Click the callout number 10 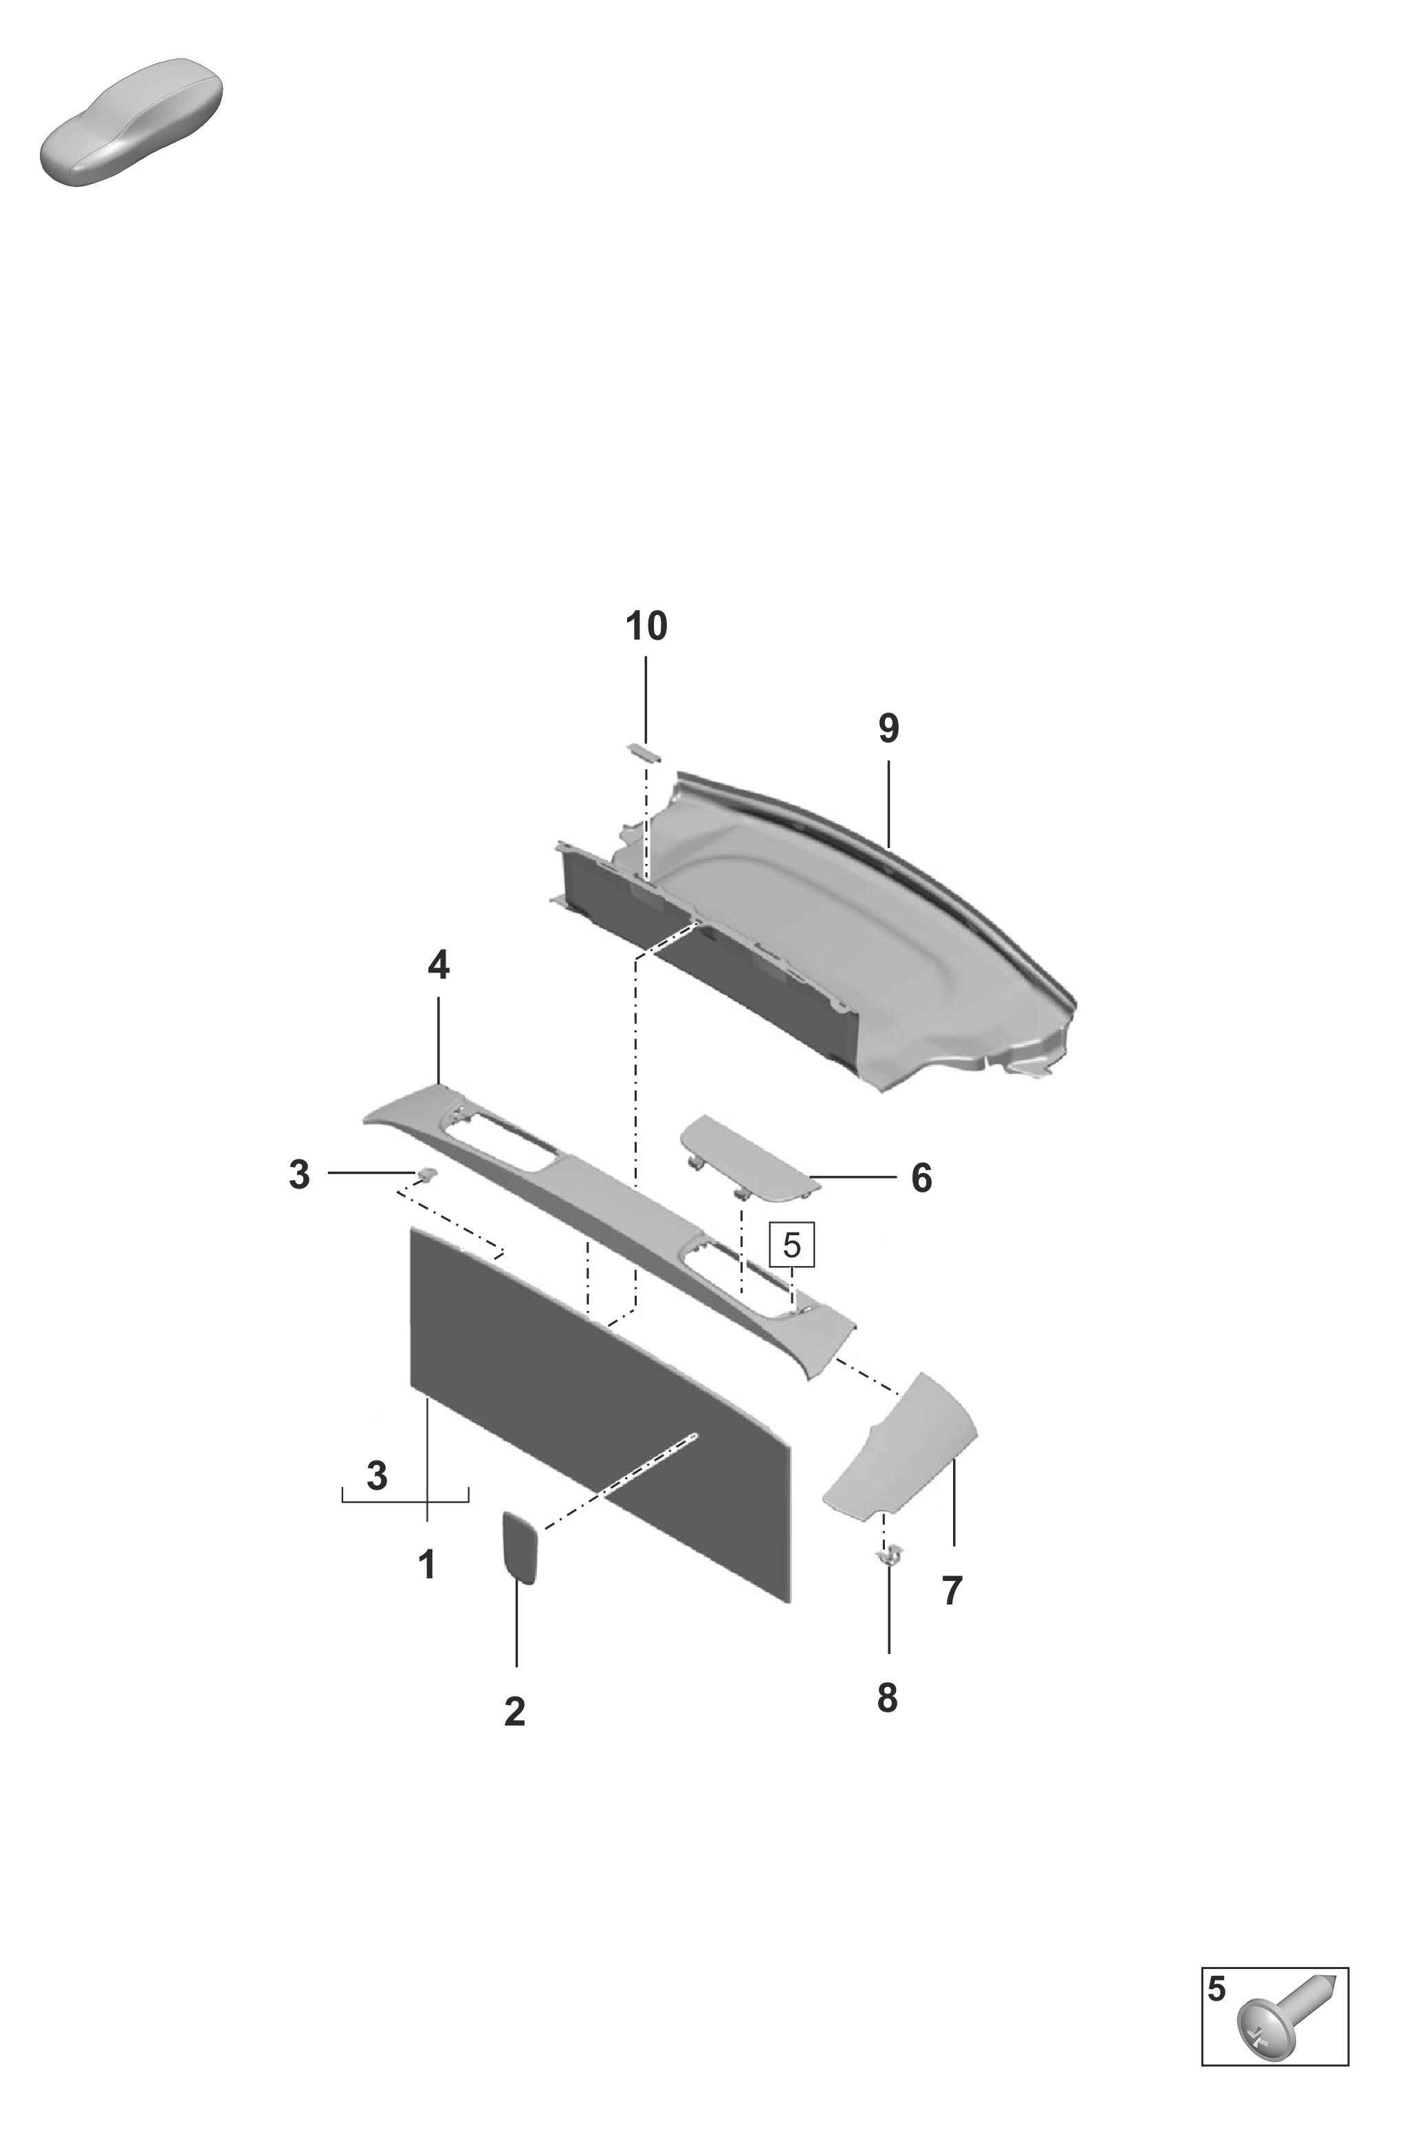point(646,627)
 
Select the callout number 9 point(888,728)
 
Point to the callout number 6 point(921,1178)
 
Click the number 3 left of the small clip point(299,1175)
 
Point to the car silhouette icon point(131,122)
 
